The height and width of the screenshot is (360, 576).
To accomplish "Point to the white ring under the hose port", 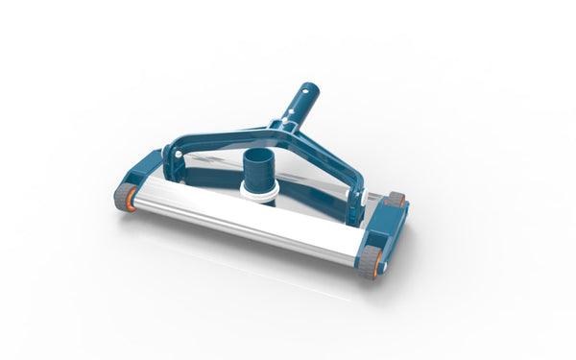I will pos(262,196).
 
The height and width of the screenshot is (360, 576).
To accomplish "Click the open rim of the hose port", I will pos(260,155).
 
